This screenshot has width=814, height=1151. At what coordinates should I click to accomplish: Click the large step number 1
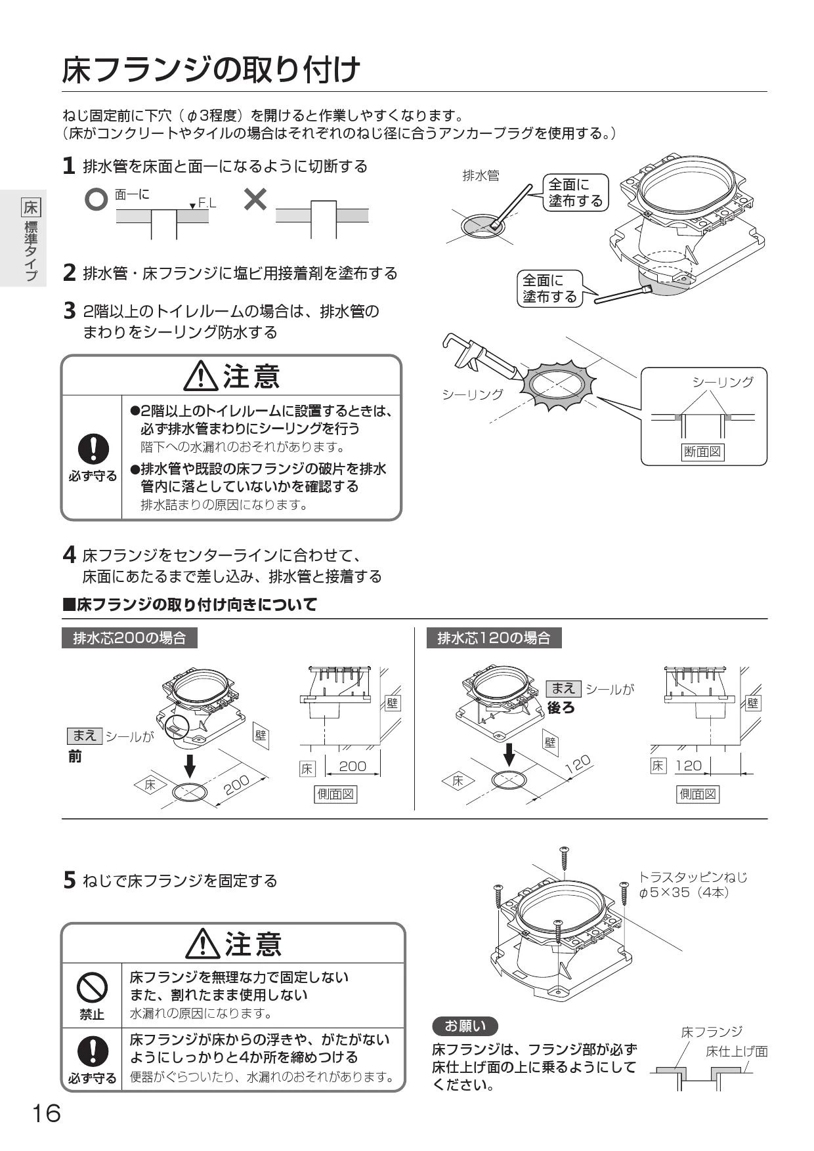pos(68,166)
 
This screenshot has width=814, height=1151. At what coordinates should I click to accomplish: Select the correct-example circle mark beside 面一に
pos(96,200)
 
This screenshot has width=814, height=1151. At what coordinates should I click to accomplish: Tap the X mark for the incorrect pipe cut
pos(255,199)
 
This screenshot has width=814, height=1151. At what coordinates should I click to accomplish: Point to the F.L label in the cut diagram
pos(207,203)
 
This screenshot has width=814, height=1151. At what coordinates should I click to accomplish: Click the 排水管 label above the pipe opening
pos(481,176)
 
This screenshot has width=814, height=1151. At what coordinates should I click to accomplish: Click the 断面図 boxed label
pos(702,451)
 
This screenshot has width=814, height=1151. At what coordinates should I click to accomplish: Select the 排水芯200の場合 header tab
pos(129,638)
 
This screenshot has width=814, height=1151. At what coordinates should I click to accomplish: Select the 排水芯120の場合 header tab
pos(494,638)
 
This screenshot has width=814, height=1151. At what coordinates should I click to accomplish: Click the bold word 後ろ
pos(561,707)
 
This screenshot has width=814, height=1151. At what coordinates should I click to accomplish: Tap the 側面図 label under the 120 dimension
pos(698,794)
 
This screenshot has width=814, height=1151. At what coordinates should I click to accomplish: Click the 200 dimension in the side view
pos(353,766)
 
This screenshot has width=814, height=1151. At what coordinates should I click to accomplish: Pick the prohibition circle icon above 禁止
pos(92,986)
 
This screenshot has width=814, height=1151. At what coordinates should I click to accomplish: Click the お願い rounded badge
pos(465,1026)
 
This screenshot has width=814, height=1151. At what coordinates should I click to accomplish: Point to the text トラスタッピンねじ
pos(692,877)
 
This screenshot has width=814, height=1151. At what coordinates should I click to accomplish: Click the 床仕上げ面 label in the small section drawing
pos(736,1051)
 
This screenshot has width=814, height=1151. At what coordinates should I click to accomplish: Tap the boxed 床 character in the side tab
pos(30,207)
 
